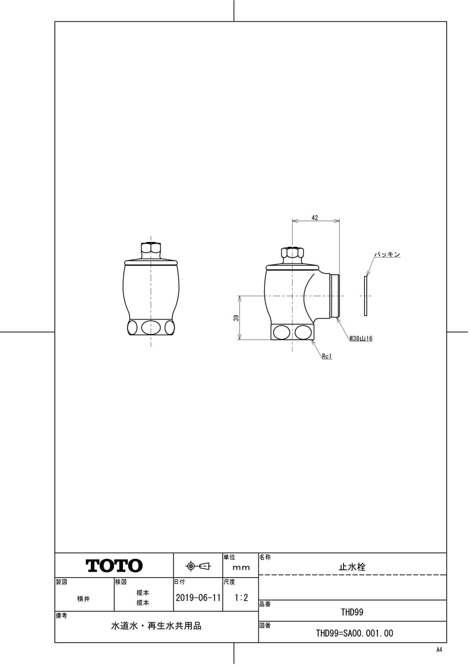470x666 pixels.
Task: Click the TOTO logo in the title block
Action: click(x=114, y=566)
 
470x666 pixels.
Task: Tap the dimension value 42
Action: click(x=315, y=218)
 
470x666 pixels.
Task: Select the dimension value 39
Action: click(x=236, y=318)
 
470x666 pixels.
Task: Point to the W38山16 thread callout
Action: click(x=361, y=339)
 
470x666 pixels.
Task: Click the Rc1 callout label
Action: click(x=327, y=356)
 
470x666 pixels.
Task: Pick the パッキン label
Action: click(x=387, y=255)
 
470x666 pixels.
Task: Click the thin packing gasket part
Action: click(x=365, y=296)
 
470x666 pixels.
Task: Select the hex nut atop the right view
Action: click(x=292, y=253)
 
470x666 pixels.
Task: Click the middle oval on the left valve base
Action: click(x=151, y=327)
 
